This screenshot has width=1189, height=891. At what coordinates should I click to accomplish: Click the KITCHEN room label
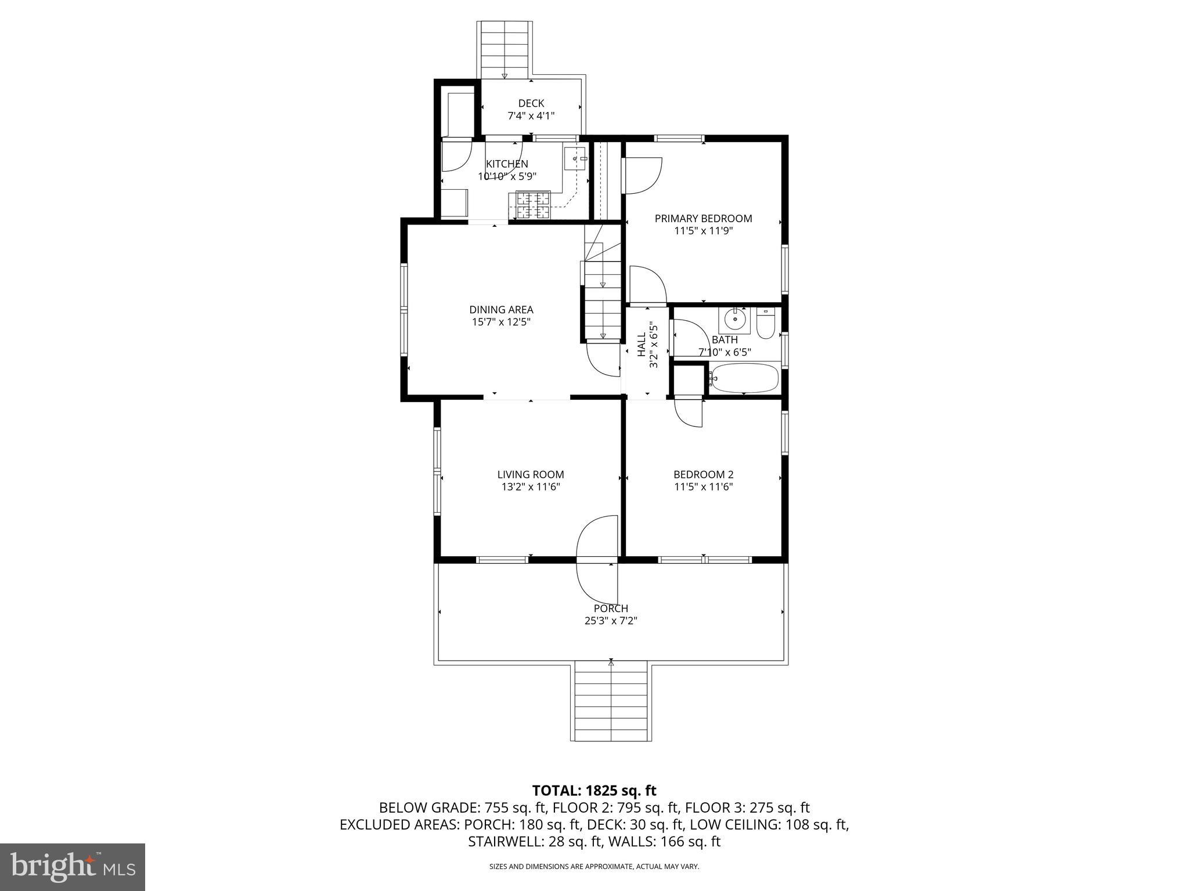[507, 164]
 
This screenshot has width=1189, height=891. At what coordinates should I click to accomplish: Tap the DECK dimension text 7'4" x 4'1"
[531, 115]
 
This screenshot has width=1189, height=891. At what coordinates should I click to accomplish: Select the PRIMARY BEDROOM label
[703, 219]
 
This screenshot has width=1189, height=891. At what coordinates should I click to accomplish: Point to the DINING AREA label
[501, 310]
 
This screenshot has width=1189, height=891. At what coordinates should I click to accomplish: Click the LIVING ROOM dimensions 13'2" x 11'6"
[531, 487]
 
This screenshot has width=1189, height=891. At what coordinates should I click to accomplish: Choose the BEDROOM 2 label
[703, 475]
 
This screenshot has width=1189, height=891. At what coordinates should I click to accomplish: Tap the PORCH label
[611, 609]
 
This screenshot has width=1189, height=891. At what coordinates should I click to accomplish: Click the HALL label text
[642, 345]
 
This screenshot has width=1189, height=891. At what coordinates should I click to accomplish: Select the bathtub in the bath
[744, 378]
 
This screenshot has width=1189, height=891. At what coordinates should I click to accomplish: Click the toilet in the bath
[765, 324]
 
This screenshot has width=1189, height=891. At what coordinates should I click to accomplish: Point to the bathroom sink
[734, 320]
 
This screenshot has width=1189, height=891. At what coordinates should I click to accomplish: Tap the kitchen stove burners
[529, 206]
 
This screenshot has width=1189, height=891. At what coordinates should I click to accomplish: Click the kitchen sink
[575, 158]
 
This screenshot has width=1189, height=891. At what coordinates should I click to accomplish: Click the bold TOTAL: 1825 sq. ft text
[594, 790]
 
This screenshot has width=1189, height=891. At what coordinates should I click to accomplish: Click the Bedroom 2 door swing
[689, 413]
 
